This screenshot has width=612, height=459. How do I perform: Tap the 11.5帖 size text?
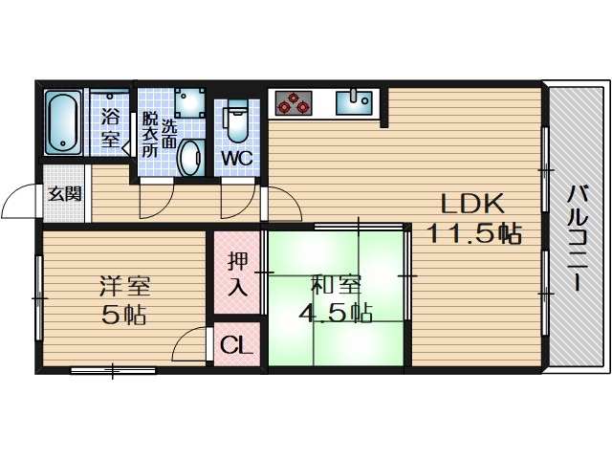[x=473, y=232]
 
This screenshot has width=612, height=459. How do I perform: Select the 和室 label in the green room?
[x=335, y=285]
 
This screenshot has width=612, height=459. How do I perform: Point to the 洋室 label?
[x=124, y=285]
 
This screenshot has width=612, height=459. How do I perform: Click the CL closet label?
[x=235, y=345]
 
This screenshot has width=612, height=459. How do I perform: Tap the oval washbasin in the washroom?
[x=191, y=157]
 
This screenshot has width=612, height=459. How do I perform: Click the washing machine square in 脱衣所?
[x=188, y=103]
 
